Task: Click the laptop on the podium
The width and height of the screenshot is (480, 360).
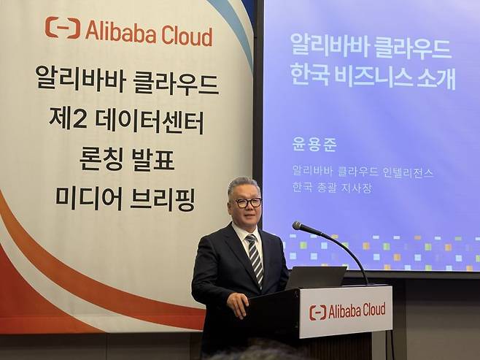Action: pos(315,277)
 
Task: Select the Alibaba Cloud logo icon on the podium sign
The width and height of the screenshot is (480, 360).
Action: pos(317,313)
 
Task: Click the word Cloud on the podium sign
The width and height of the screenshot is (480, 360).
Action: pos(370,309)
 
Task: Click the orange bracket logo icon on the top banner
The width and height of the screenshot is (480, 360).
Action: pos(63,28)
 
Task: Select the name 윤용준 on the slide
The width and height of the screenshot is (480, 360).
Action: pos(314,144)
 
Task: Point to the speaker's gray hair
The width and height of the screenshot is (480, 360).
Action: pos(242,183)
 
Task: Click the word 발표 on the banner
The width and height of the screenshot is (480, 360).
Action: pos(155,158)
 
